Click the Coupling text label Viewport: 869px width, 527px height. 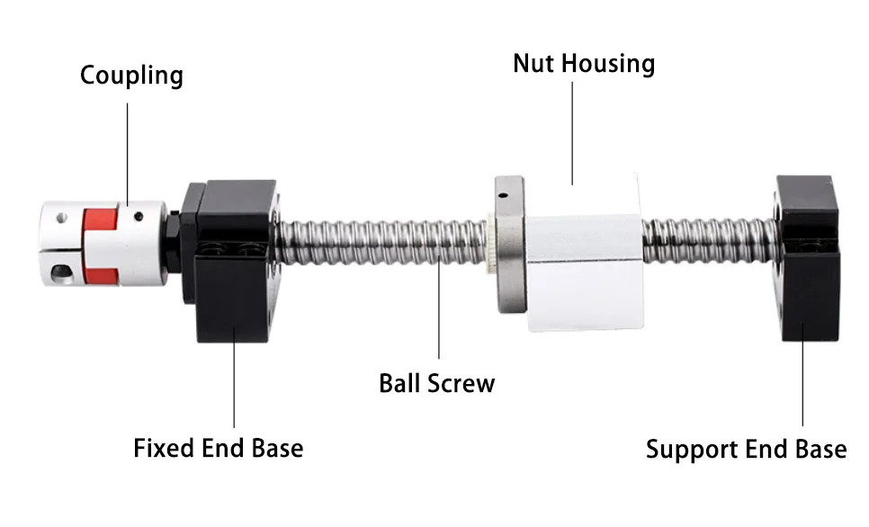click(131, 75)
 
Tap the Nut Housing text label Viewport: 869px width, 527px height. click(584, 64)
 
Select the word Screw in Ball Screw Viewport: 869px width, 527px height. click(462, 383)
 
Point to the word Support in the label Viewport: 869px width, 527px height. click(688, 449)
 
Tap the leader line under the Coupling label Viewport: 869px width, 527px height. click(128, 148)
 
